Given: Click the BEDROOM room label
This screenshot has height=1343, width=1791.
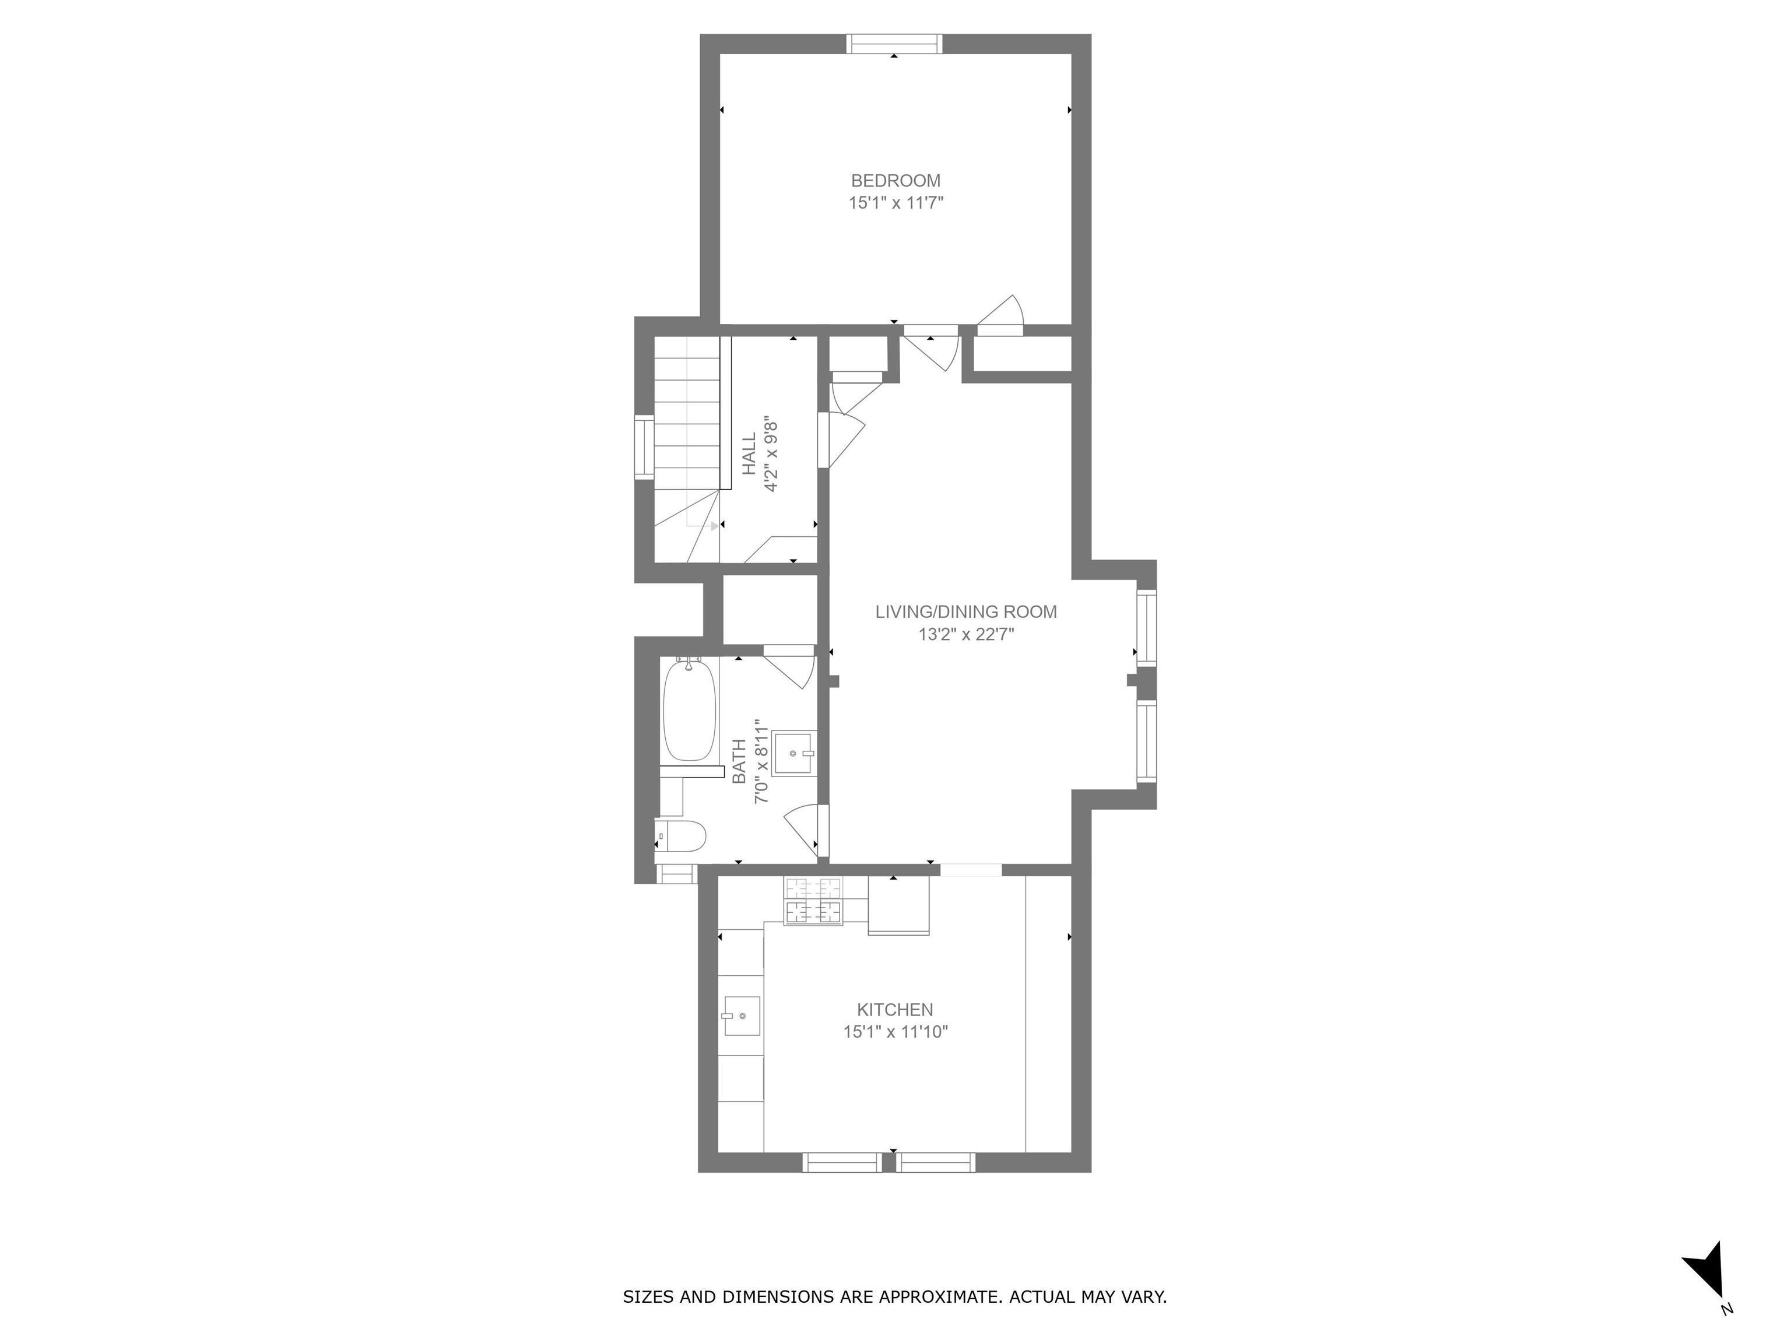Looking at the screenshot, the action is tap(895, 181).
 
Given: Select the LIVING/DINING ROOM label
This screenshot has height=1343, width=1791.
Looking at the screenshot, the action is tap(966, 612).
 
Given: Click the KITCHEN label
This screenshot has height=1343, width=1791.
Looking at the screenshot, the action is tap(895, 1010).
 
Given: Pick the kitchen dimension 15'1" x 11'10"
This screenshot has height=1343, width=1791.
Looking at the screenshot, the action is tap(895, 1032).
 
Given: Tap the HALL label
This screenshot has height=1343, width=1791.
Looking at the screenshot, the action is tap(749, 454).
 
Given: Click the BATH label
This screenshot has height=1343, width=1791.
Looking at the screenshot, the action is tap(739, 762).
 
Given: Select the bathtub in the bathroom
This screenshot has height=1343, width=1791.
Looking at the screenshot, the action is tap(690, 710).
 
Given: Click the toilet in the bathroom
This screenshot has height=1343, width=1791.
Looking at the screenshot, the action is tap(680, 835).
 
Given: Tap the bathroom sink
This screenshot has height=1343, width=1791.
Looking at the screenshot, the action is tap(793, 753).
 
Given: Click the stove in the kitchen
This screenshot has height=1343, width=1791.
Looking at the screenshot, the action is tap(813, 900).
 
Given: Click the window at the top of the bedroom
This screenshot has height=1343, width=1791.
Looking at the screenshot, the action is tap(895, 44).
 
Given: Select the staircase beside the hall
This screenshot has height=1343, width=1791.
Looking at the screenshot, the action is tap(687, 449).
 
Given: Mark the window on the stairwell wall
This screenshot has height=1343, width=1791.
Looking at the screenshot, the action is tap(644, 447).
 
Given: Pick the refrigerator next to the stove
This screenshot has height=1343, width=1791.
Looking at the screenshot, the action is tap(899, 905).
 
